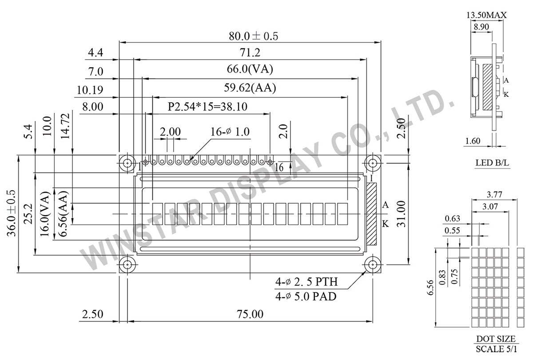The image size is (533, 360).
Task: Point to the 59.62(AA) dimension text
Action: pos(250,88)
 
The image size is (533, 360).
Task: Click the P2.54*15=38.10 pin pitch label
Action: pos(207,106)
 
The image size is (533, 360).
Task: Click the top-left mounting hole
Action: pos(128,163)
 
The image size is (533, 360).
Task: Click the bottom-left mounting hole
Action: pos(128,265)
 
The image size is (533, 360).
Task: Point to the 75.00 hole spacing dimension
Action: pos(250,314)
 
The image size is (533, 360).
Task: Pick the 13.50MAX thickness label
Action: pos(487,16)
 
